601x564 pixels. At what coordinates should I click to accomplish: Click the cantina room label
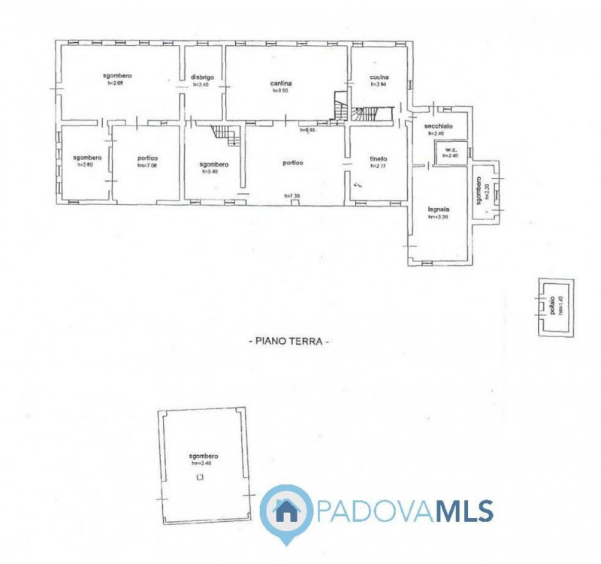pos(280,83)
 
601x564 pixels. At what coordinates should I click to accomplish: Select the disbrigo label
pos(203,77)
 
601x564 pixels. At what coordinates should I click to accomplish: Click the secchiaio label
pos(439,126)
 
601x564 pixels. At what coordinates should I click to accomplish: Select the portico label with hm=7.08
pos(146,158)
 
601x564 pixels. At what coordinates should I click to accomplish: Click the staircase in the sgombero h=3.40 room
pos(225,136)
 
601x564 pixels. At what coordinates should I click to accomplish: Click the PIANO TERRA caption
pos(289,341)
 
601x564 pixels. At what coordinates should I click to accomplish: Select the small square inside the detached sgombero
pos(199,476)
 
